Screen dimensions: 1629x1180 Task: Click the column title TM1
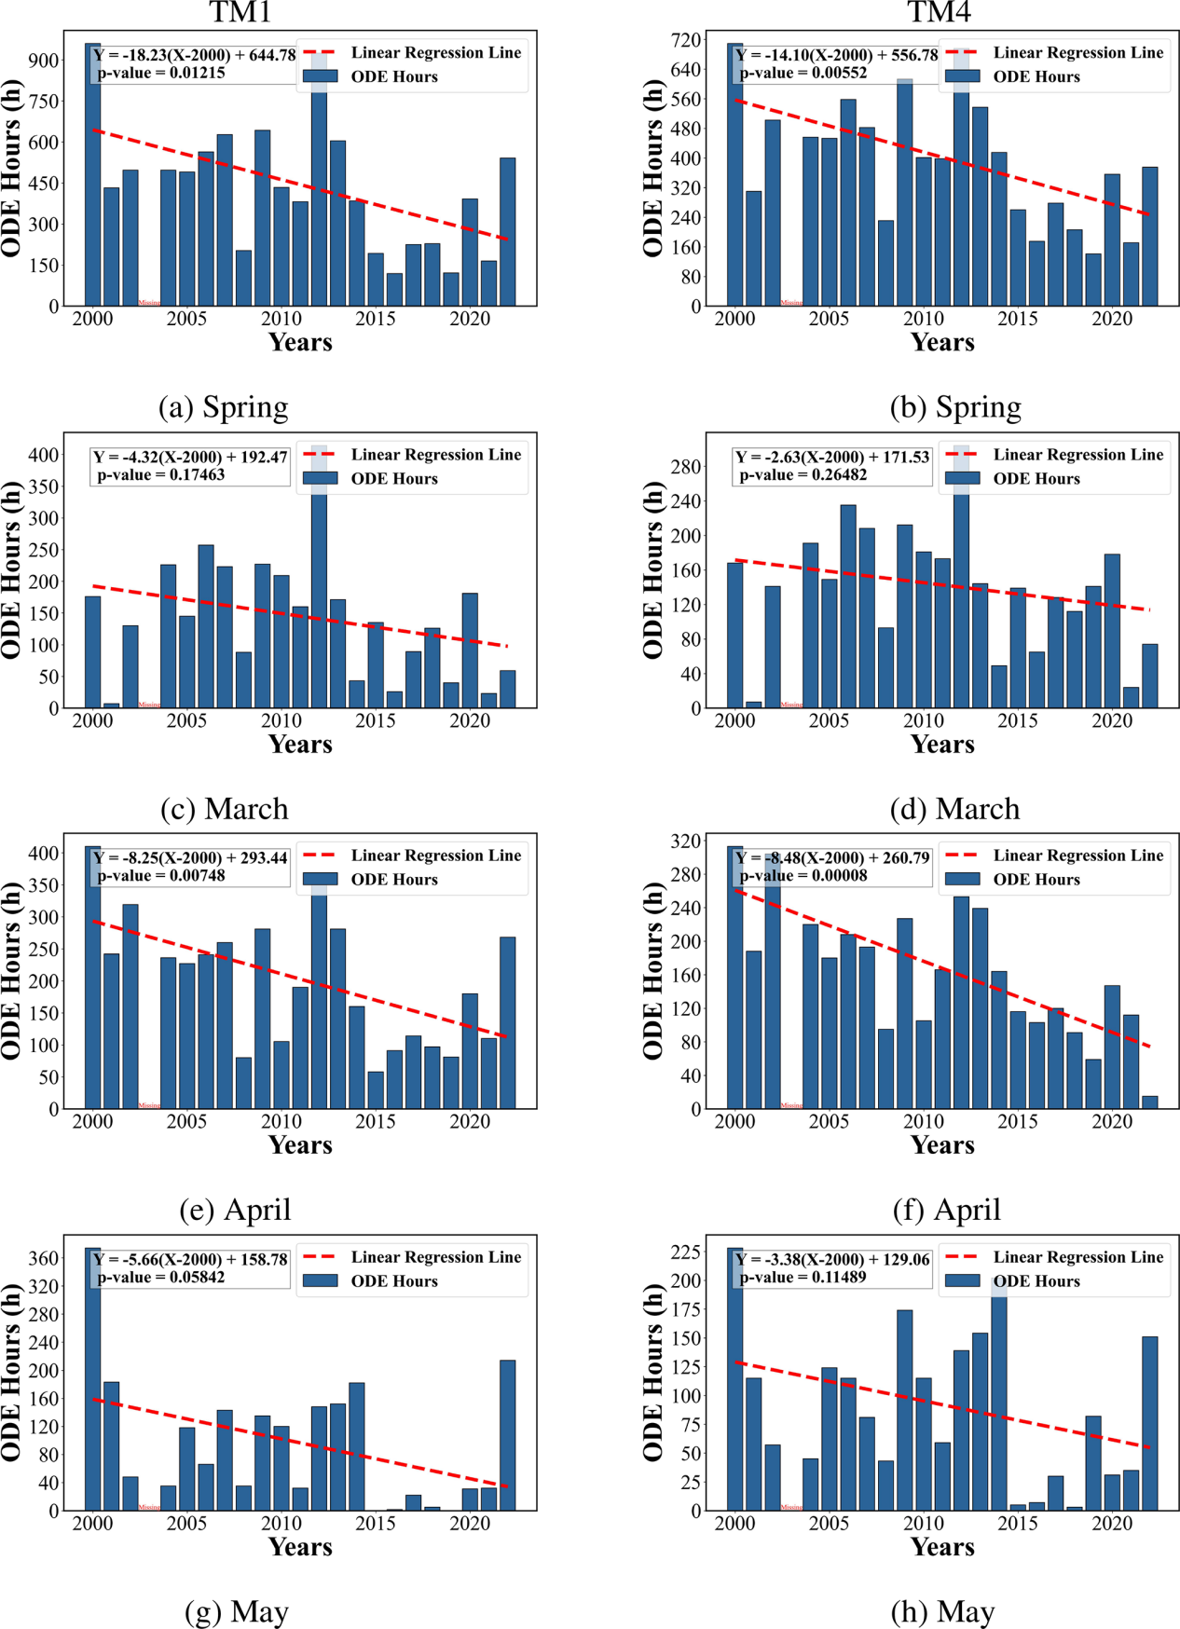[x=240, y=12]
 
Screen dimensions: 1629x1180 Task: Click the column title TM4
[x=939, y=12]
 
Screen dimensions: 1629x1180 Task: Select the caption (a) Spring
[x=223, y=407]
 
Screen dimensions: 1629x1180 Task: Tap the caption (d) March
[x=954, y=809]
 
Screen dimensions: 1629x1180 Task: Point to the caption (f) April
[x=947, y=1210]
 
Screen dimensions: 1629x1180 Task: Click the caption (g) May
[x=237, y=1611]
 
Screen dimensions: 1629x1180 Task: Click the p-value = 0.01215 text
[x=161, y=73]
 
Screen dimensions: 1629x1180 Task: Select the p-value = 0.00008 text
[x=803, y=876]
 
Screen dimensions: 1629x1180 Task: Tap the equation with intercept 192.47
[x=191, y=457]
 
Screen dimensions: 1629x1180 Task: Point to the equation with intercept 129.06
[x=832, y=1260]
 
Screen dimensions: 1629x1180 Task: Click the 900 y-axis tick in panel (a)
[x=44, y=60]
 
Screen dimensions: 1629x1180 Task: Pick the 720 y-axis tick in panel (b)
[x=685, y=40]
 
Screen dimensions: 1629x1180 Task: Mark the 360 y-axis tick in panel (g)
[x=44, y=1258]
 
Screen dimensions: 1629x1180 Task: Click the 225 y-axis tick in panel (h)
[x=685, y=1253]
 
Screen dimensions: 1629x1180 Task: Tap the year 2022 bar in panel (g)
[x=508, y=1435]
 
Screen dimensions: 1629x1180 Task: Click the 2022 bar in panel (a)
[x=508, y=231]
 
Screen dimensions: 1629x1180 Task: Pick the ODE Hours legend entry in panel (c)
[x=393, y=479]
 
